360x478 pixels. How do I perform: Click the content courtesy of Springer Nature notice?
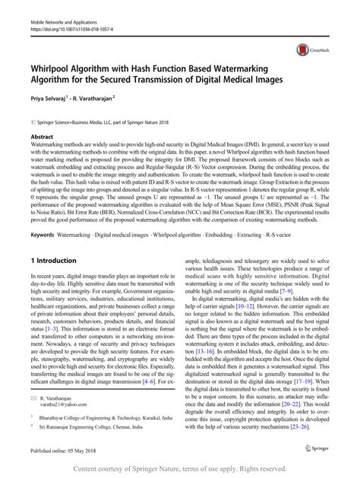coord(180,469)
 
